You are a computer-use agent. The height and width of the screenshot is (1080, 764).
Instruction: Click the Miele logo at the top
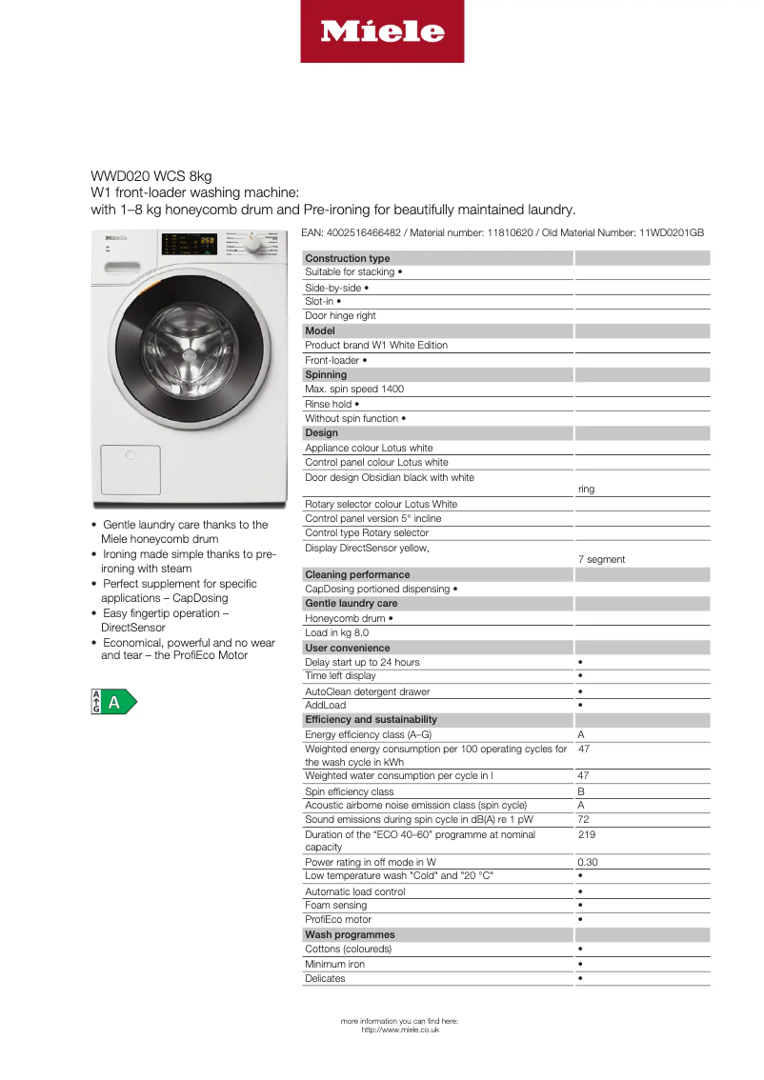[382, 31]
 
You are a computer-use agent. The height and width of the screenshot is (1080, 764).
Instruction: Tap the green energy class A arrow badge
[113, 703]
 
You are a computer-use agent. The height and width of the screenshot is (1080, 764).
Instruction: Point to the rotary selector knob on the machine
[252, 245]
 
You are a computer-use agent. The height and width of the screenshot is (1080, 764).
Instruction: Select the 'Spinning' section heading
[326, 374]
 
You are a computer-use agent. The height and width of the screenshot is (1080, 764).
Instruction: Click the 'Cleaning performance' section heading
[357, 574]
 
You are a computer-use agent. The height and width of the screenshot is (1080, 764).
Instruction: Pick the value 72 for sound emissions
[585, 819]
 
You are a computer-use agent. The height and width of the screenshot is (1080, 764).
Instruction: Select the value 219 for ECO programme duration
[587, 834]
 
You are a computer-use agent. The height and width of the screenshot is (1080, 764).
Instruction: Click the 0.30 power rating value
[588, 862]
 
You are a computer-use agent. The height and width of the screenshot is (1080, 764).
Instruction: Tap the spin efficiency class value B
[581, 791]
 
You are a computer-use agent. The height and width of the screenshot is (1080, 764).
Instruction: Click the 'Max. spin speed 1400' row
[354, 389]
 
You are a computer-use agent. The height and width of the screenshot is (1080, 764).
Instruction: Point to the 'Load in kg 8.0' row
[336, 632]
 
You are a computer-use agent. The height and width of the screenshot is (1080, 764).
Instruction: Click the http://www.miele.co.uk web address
[400, 1030]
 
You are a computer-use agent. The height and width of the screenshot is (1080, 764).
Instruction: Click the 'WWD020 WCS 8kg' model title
[151, 176]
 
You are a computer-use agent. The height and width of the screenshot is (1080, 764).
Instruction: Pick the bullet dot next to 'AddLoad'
[580, 705]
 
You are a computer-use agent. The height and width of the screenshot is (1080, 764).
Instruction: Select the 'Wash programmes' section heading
[350, 934]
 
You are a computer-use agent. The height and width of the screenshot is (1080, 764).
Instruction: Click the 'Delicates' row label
[325, 978]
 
